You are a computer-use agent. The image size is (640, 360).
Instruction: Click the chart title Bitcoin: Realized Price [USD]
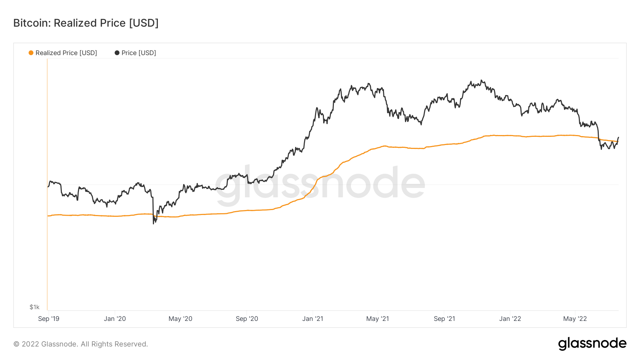click(86, 23)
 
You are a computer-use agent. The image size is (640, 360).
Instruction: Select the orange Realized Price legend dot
click(31, 53)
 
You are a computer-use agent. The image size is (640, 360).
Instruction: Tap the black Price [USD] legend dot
click(117, 53)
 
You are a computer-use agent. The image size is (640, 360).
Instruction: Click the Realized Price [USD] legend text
click(66, 53)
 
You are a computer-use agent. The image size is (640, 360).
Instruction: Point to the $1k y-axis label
click(34, 307)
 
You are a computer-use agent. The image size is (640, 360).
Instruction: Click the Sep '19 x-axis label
click(49, 319)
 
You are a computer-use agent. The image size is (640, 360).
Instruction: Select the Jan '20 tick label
click(115, 319)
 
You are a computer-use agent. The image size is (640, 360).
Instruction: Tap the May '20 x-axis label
click(180, 319)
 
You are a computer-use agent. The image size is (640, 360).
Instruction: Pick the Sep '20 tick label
click(247, 319)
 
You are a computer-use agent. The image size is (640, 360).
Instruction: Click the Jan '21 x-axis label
click(313, 319)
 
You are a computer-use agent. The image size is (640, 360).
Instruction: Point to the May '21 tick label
click(378, 319)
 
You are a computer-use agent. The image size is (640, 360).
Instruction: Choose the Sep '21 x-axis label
click(444, 319)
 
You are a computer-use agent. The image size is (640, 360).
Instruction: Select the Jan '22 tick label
click(510, 319)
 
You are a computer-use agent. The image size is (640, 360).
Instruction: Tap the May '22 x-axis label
click(575, 319)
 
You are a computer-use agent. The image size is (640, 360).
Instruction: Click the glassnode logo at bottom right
click(592, 344)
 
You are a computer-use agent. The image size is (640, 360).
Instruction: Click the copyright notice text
click(81, 344)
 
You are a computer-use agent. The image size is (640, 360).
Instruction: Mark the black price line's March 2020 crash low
click(154, 224)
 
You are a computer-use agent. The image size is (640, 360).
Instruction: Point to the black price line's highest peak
click(481, 80)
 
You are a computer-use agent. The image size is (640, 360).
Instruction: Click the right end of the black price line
click(619, 138)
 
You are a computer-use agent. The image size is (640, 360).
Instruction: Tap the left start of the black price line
click(48, 187)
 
